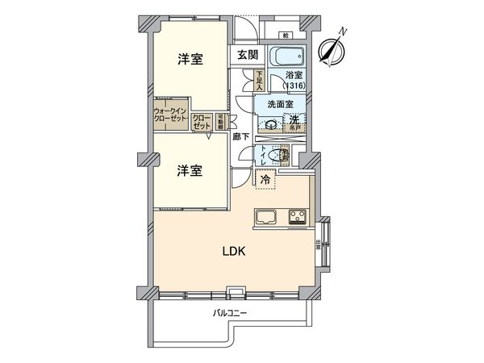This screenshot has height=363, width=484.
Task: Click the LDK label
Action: [234, 250]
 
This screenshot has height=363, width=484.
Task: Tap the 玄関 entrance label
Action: [247, 56]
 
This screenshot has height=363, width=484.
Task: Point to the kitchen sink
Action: [266, 216]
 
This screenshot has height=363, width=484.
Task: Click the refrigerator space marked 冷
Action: [265, 180]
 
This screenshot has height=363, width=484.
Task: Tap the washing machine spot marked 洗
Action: [295, 120]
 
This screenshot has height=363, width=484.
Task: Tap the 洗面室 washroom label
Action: [280, 102]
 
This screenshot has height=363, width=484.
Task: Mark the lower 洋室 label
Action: [190, 171]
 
